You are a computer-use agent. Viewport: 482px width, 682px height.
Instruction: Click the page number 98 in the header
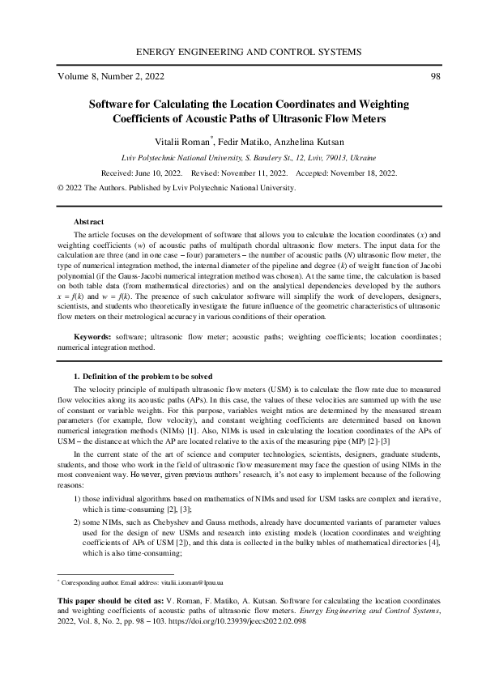(434, 77)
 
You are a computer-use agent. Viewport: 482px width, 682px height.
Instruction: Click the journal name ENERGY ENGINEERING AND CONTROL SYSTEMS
(241, 52)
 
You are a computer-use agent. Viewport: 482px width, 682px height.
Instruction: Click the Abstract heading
(88, 221)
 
